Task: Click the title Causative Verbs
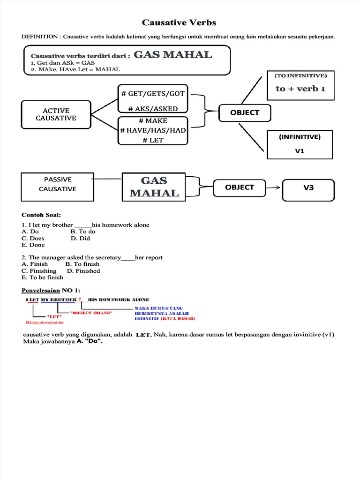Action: click(179, 23)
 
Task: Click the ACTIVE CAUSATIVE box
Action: click(56, 114)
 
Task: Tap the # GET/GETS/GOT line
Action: click(153, 93)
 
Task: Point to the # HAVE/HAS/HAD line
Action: click(153, 130)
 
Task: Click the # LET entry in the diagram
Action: click(153, 140)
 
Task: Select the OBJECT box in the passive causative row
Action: click(239, 187)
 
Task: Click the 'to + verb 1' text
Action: click(300, 89)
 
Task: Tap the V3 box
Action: click(308, 187)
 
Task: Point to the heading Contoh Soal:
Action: click(41, 215)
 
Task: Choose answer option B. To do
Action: click(82, 232)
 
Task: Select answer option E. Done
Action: click(33, 245)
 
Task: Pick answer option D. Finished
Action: click(83, 271)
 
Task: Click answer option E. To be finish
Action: click(43, 277)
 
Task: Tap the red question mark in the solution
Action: click(80, 299)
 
